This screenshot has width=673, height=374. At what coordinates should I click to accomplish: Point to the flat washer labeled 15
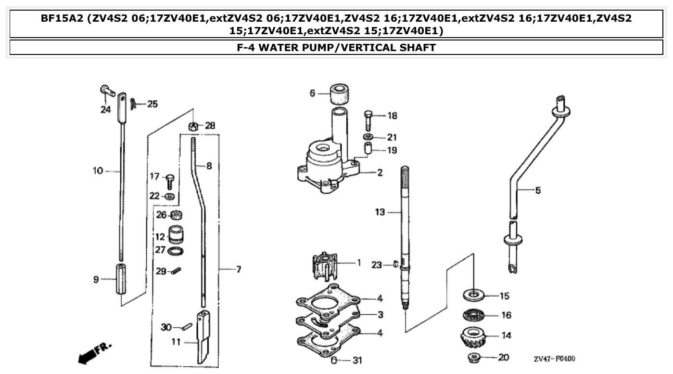(x=474, y=294)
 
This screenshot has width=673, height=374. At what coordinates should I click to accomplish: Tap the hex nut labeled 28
(x=192, y=126)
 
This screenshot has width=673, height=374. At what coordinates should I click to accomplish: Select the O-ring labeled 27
(x=176, y=251)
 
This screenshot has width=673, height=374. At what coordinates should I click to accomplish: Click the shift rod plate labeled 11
(x=203, y=337)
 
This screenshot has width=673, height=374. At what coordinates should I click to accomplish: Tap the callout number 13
(x=380, y=212)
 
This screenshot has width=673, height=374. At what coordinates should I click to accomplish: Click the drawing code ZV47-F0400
(x=554, y=359)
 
